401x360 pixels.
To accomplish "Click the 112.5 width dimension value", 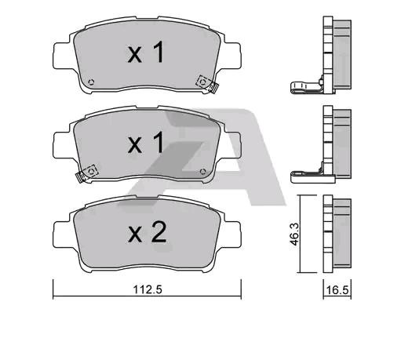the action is click(148, 289).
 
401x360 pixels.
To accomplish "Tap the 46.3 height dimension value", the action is click(295, 235).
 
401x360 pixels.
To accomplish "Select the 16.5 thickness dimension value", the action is click(337, 290).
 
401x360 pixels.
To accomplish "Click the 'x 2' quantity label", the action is click(148, 232).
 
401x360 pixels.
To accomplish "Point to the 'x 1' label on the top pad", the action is click(146, 53).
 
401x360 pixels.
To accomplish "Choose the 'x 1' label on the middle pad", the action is click(146, 142).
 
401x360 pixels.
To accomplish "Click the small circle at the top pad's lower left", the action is click(91, 82).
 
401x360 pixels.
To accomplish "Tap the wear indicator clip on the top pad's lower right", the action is click(208, 84).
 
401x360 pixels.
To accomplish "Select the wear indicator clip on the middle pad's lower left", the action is click(86, 174).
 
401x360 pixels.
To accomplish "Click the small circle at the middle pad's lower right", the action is click(202, 172).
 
